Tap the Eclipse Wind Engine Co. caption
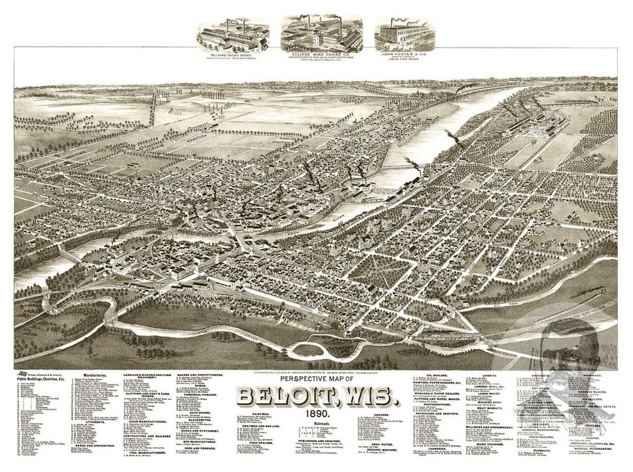pyautogui.click(x=321, y=55)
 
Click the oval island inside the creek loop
pyautogui.click(x=308, y=350)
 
